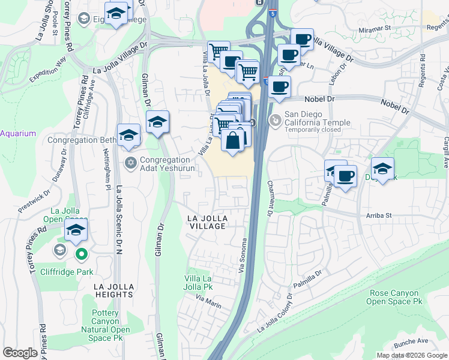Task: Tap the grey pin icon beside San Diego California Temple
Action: click(x=275, y=119)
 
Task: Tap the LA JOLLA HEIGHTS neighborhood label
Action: click(x=113, y=290)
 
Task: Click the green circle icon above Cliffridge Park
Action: click(x=81, y=255)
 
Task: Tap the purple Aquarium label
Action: click(x=18, y=133)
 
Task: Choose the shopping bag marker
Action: click(x=233, y=140)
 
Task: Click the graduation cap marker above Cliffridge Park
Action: click(x=76, y=230)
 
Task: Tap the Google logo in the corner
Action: click(x=20, y=353)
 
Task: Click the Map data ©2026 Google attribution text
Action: click(x=411, y=355)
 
